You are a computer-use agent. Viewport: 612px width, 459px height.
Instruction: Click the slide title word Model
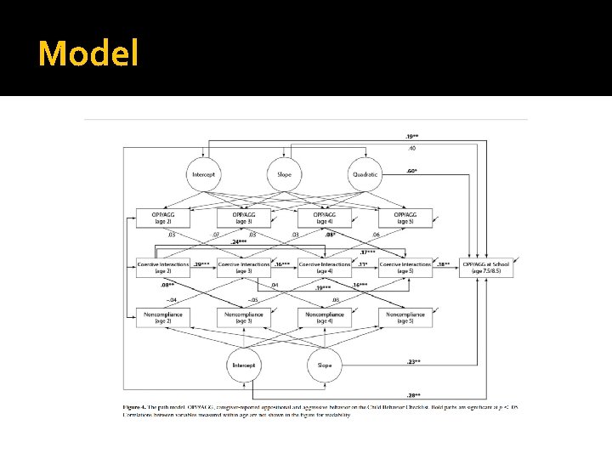88,54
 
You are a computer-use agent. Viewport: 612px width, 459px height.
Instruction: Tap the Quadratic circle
365,174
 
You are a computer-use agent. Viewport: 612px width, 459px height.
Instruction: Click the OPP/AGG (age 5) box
405,218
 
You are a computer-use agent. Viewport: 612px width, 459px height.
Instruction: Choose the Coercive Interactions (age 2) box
162,265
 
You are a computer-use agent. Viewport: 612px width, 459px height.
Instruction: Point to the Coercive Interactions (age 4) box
324,265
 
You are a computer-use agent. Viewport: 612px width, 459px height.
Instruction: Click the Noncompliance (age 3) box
243,317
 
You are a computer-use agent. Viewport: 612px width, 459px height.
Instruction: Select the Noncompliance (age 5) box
405,317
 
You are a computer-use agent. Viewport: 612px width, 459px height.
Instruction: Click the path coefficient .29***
202,264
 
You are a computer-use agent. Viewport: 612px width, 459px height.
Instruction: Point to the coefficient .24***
239,241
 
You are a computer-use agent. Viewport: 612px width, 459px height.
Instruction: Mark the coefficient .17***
367,252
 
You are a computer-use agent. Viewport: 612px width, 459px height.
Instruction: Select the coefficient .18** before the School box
444,264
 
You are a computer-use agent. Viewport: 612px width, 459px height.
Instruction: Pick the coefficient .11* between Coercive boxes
363,264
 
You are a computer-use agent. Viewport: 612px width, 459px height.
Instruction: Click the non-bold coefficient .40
411,148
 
